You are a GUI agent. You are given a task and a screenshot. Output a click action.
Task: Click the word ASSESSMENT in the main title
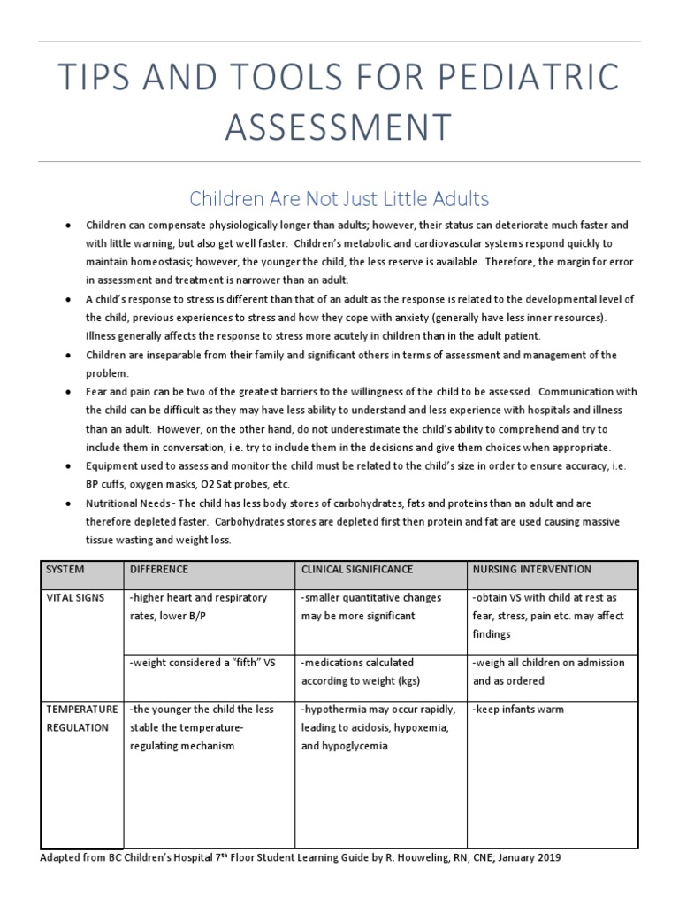point(339,127)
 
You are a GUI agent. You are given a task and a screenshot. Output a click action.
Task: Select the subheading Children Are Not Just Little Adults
point(339,197)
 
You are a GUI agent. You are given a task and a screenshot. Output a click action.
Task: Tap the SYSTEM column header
point(66,570)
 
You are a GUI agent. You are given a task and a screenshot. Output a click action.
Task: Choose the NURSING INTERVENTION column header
point(532,570)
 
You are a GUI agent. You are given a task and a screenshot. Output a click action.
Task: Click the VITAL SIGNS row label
point(75,599)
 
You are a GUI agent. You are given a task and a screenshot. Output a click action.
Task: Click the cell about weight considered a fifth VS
point(201,663)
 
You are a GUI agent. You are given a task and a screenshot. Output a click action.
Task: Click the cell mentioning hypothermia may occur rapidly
point(378,727)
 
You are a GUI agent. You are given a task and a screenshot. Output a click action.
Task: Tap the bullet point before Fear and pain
point(69,392)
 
